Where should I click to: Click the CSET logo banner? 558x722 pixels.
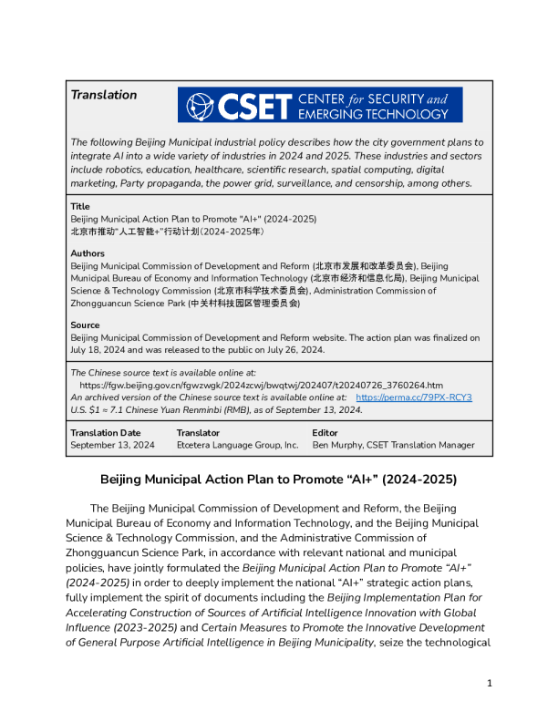coord(320,105)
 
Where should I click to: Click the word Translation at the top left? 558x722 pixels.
coord(104,95)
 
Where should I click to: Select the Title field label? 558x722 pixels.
coord(80,207)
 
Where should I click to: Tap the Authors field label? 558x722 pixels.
coord(88,253)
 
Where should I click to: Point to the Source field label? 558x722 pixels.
coord(86,325)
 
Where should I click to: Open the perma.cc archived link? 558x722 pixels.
coord(414,397)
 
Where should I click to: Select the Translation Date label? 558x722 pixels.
coord(106,433)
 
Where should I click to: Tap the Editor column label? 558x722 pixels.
coord(325,433)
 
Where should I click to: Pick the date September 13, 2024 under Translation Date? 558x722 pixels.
coord(112,445)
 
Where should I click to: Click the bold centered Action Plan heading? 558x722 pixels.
coord(278,480)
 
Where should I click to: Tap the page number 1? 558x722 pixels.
coord(490,683)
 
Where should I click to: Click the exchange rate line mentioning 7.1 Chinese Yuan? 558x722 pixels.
coord(216,409)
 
